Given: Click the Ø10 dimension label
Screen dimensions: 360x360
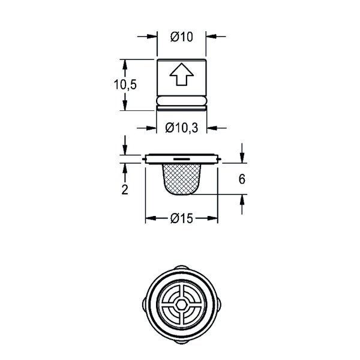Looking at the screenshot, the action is coord(182,37).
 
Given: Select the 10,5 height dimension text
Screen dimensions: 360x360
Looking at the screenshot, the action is coord(125,85).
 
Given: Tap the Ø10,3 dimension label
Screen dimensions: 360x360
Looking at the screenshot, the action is coord(182,128).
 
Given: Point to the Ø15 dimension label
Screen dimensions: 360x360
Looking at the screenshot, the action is coord(182,218).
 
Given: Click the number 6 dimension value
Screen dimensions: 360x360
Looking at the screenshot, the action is coord(242,179).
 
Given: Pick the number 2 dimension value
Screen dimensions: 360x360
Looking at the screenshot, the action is coord(125,190).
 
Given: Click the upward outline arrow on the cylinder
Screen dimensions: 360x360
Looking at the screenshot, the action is coord(182,74).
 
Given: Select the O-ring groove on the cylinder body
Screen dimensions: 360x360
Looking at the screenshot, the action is coord(182,101).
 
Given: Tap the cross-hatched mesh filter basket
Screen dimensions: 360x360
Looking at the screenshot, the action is coord(182,179).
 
